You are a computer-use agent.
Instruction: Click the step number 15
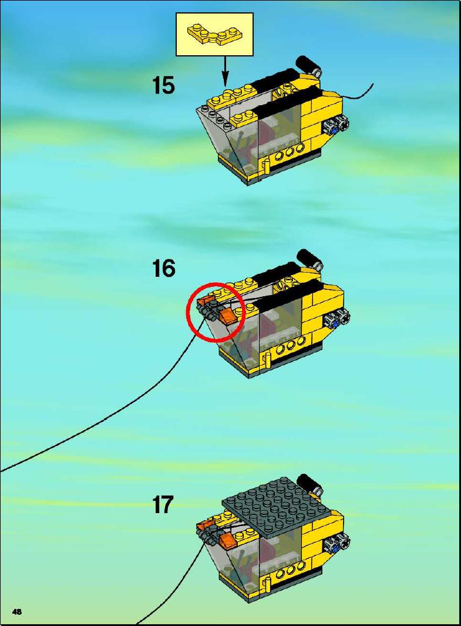pos(163,85)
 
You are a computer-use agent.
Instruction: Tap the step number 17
pos(163,505)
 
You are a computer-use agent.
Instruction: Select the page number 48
pos(17,612)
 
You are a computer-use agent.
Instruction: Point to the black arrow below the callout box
pos(226,71)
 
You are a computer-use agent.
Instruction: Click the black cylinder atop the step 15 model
pos(308,65)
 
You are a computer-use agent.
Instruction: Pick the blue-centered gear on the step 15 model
pos(336,126)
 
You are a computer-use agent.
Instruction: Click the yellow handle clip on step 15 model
pos(265,166)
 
